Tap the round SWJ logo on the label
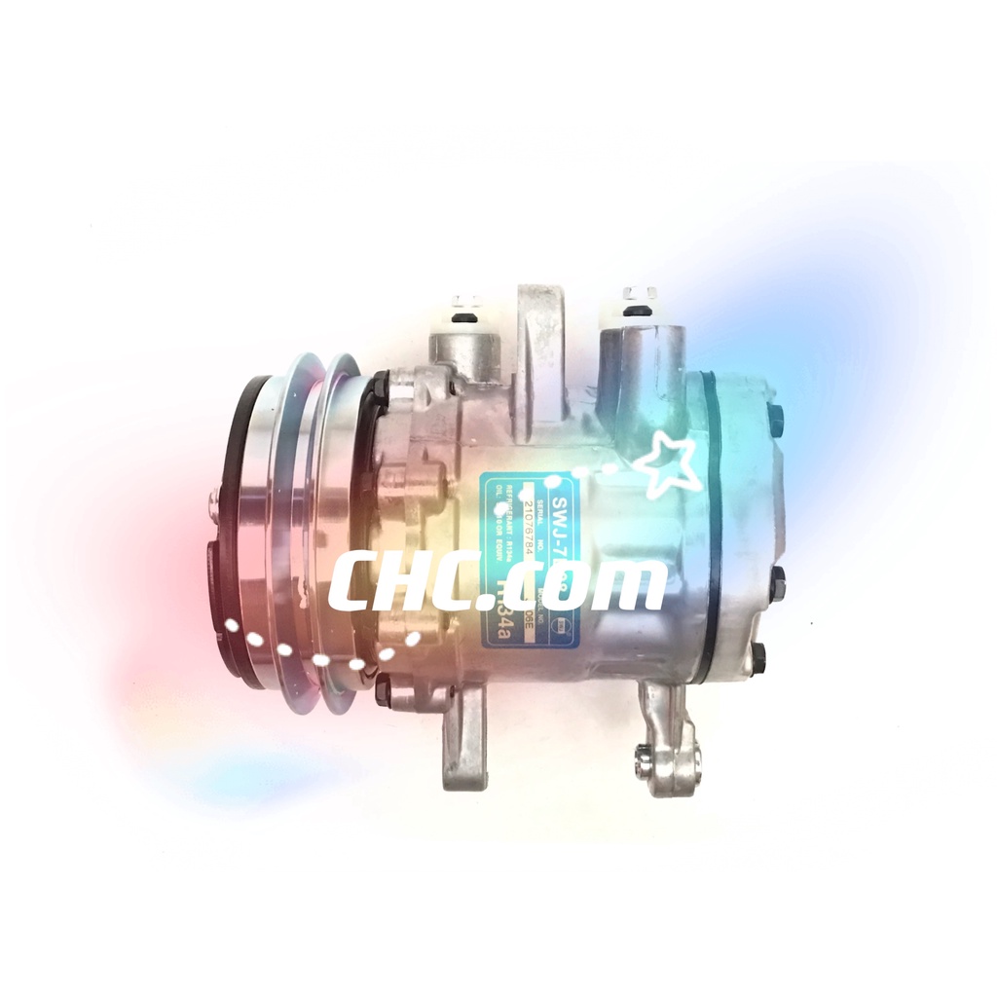pyautogui.click(x=563, y=622)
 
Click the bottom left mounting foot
pyautogui.click(x=464, y=740)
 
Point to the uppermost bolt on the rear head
pyautogui.click(x=776, y=420)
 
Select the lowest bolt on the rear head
pyautogui.click(x=758, y=659)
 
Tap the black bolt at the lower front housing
pyautogui.click(x=384, y=691)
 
